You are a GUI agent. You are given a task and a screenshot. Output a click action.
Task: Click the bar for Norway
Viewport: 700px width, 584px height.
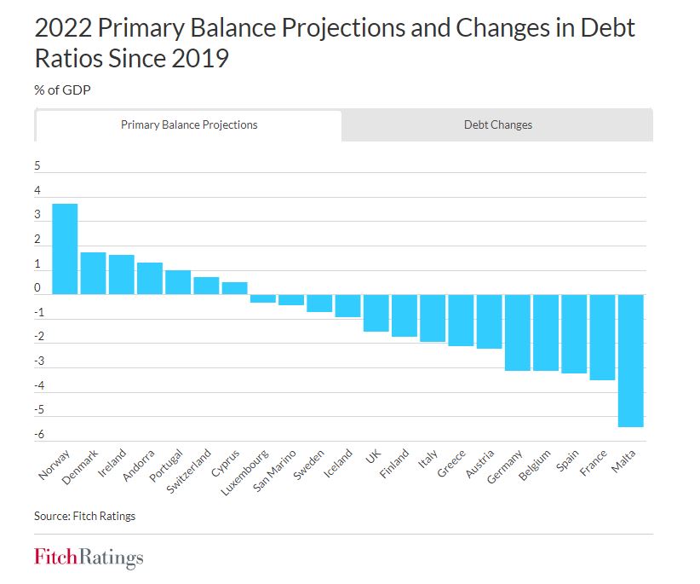tap(65, 249)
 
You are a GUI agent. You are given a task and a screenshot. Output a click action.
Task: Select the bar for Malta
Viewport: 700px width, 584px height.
tap(630, 360)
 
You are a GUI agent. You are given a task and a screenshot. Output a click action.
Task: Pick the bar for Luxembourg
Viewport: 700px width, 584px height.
tap(263, 298)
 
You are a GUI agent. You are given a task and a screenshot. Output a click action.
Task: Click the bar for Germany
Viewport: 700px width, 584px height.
tap(518, 332)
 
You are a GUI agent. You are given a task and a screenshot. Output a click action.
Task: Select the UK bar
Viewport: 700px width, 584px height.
tap(376, 313)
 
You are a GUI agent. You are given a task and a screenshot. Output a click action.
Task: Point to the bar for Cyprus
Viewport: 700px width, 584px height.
tap(235, 288)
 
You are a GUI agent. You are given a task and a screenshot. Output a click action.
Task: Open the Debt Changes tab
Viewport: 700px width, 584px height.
tap(497, 124)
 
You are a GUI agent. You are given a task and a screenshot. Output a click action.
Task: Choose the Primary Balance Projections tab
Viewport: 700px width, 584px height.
tap(188, 124)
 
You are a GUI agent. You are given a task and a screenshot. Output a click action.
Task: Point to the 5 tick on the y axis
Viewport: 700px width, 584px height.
tap(37, 167)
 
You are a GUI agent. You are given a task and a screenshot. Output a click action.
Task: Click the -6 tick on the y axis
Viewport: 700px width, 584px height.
tap(37, 436)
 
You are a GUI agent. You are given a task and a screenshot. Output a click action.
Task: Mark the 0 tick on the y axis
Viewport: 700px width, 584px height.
tap(37, 289)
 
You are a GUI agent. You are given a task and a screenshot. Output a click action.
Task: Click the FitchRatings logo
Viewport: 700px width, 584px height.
tap(89, 558)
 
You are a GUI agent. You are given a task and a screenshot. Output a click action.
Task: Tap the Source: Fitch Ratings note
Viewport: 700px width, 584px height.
tap(84, 516)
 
